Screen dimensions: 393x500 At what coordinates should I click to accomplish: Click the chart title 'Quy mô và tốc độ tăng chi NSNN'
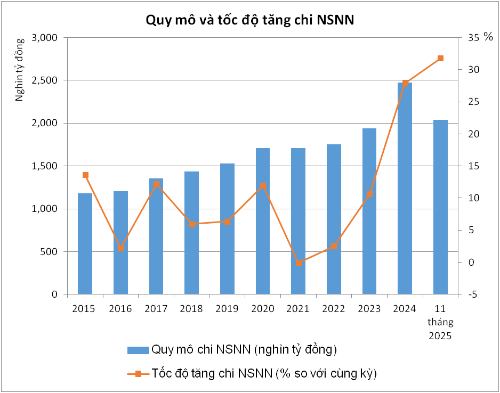(250, 20)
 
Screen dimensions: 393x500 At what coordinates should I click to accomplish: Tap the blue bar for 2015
(85, 243)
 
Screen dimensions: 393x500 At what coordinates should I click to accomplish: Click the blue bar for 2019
(227, 228)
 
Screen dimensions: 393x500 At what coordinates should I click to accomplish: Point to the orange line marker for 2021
(299, 263)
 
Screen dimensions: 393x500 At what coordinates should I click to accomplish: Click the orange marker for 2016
(120, 248)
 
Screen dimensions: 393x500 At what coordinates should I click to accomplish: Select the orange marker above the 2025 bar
(440, 58)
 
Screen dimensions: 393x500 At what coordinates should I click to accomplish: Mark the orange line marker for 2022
(334, 246)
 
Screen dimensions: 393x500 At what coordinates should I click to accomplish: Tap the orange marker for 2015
(85, 175)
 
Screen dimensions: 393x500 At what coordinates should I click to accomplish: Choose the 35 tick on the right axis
(473, 38)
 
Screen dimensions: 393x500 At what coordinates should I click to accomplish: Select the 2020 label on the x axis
(263, 309)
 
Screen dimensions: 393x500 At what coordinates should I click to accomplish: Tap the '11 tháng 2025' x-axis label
(440, 322)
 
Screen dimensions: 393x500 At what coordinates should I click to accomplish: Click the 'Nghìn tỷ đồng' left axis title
(20, 70)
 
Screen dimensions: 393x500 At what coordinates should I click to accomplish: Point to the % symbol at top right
(488, 37)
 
